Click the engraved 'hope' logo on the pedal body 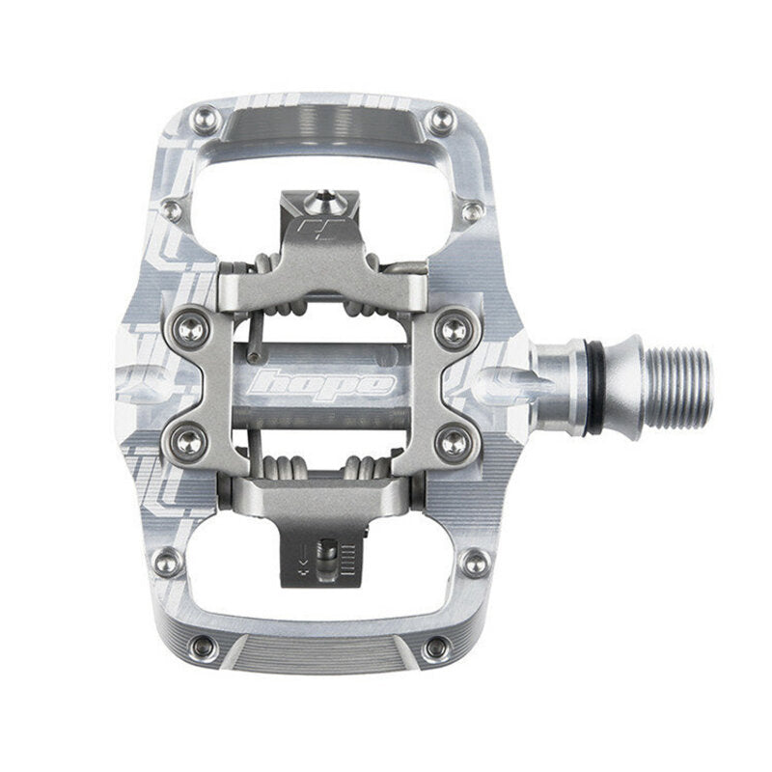322,383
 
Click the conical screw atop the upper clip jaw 318,204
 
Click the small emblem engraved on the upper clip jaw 312,233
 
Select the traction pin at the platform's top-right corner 442,120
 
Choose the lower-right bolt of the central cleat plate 450,441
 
